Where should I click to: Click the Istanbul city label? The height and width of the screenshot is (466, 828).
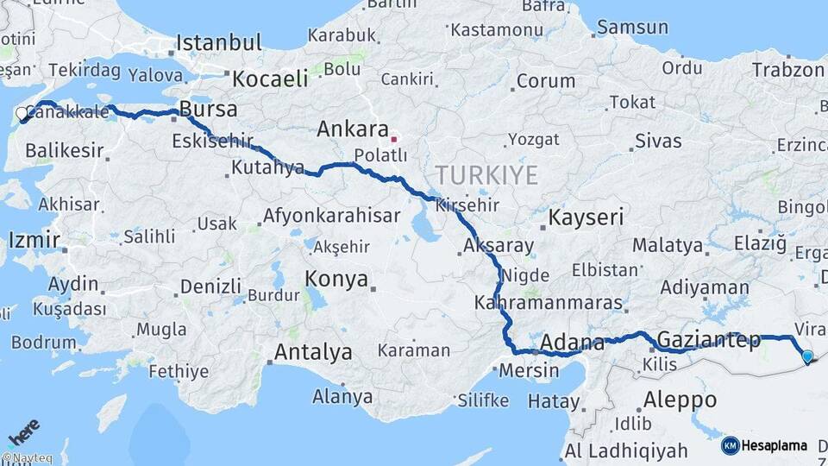(x=219, y=42)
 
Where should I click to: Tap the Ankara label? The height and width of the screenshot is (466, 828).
(x=353, y=129)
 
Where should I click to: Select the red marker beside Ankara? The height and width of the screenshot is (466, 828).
(x=394, y=138)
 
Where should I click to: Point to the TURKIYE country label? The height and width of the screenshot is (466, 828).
(x=486, y=175)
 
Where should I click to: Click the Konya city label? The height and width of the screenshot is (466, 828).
(x=336, y=280)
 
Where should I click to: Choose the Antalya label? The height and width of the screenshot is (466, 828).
(x=313, y=352)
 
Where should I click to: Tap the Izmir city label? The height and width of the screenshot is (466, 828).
(x=34, y=239)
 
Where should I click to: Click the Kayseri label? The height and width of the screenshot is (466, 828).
(x=586, y=217)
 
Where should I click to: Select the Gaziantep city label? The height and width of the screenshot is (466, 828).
(x=709, y=339)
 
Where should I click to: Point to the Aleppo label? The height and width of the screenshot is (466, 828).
(x=681, y=400)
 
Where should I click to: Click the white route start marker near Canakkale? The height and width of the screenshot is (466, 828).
(x=22, y=113)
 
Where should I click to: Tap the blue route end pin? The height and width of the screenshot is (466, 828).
(x=807, y=356)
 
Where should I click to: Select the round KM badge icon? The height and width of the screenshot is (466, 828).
(x=731, y=446)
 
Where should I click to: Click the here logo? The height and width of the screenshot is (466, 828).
(x=23, y=430)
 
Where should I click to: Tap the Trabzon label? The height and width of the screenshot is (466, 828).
(x=787, y=70)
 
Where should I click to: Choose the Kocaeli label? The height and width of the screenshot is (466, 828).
(x=270, y=79)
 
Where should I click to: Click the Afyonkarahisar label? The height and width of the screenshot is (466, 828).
(x=332, y=216)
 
